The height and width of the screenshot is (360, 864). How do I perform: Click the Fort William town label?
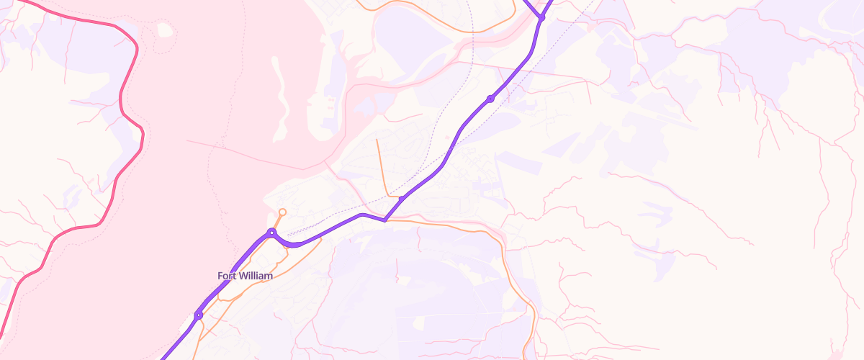pyautogui.click(x=246, y=276)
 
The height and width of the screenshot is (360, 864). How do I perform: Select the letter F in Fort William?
pyautogui.click(x=220, y=276)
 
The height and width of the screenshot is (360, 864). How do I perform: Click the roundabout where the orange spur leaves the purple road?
pyautogui.click(x=271, y=232)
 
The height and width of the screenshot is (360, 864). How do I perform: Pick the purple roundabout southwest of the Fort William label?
pyautogui.click(x=198, y=315)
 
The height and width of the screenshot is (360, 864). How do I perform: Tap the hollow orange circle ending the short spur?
pyautogui.click(x=282, y=212)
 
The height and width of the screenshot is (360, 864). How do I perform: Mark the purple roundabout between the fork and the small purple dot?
pyautogui.click(x=490, y=99)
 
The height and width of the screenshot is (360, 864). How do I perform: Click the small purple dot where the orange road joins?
pyautogui.click(x=402, y=199)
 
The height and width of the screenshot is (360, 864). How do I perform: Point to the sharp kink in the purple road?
pyautogui.click(x=385, y=220)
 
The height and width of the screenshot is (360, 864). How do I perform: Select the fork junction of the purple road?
pyautogui.click(x=541, y=18)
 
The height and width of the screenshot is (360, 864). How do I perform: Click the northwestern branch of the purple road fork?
pyautogui.click(x=531, y=6)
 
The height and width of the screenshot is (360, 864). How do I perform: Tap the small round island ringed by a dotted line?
pyautogui.click(x=165, y=30)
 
